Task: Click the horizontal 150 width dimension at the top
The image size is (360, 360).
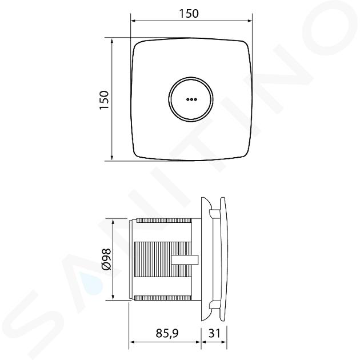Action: tap(189, 14)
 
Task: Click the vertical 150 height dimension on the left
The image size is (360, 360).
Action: tap(104, 100)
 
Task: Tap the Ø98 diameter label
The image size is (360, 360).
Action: tap(106, 259)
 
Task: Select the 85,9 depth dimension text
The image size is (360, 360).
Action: tap(167, 333)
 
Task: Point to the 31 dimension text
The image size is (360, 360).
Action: tap(214, 333)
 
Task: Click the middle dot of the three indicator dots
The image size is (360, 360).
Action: tap(191, 99)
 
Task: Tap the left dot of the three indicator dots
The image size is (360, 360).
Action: tap(187, 99)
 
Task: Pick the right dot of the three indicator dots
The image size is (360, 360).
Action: tap(195, 99)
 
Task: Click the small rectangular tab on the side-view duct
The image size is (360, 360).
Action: tap(185, 259)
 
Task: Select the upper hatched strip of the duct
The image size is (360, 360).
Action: tap(164, 221)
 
